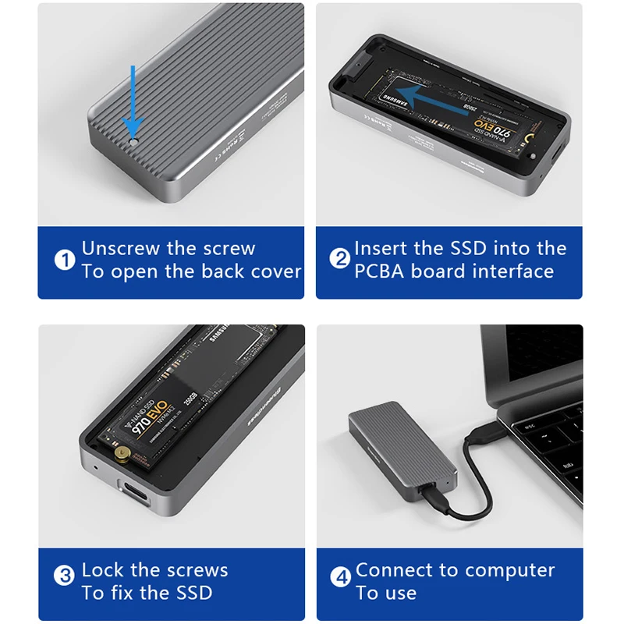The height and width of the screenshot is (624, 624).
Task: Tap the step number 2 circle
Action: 340,260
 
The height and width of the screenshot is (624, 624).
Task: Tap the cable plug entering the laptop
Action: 490,433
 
